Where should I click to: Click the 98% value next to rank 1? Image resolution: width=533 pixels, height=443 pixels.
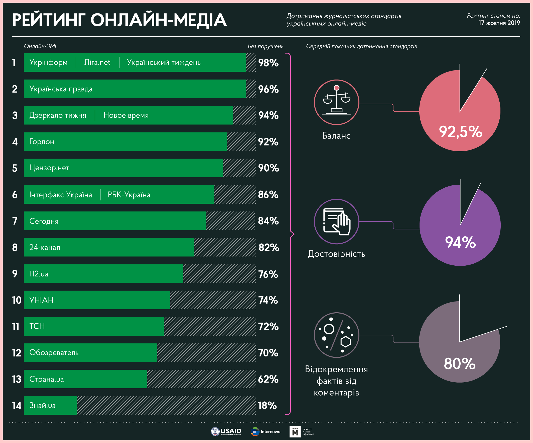(x=268, y=63)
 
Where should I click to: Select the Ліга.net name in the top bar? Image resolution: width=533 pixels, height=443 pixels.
(x=97, y=62)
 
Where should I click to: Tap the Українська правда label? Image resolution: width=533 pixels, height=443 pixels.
(x=61, y=89)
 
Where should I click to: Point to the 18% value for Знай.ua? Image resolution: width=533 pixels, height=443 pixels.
(x=267, y=405)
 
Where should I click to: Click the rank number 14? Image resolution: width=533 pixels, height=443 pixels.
(x=17, y=405)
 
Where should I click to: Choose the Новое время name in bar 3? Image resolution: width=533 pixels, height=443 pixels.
(x=126, y=115)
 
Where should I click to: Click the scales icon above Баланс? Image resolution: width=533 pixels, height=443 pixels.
(x=336, y=102)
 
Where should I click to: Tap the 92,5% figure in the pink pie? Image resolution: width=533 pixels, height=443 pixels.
(x=460, y=132)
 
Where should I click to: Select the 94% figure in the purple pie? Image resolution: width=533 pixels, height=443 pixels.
(x=460, y=242)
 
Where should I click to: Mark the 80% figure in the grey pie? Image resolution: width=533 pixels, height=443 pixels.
(x=459, y=363)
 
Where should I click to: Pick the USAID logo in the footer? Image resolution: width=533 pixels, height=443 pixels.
(x=226, y=431)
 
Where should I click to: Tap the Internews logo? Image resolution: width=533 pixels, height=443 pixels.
(x=265, y=431)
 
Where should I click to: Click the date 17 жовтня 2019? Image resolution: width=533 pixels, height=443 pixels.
(x=499, y=23)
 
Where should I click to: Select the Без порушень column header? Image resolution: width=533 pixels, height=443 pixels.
(x=265, y=46)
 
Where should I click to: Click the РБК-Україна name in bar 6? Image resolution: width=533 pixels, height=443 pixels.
(x=129, y=195)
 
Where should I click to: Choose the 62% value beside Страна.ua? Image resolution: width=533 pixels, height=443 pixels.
(x=268, y=379)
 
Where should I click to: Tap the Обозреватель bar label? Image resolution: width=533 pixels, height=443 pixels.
(x=54, y=353)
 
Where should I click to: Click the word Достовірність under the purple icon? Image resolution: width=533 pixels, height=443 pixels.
(x=336, y=254)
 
